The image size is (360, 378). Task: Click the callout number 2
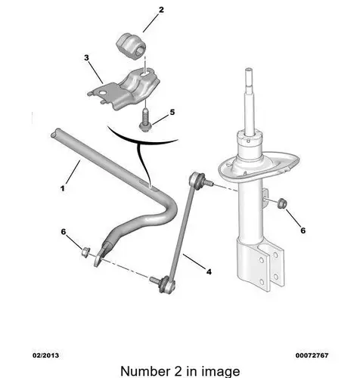tap(161, 10)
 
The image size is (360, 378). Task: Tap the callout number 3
tap(86, 57)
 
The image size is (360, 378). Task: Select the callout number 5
tap(172, 112)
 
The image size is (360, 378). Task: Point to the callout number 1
tap(63, 188)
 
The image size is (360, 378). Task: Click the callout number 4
tap(209, 271)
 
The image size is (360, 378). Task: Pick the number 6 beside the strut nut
tap(303, 231)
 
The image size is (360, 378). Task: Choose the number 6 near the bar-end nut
tap(64, 231)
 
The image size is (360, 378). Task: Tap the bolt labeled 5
tap(144, 121)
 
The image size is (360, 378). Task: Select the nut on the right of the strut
tap(281, 203)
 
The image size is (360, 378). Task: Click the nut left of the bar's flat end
tap(85, 253)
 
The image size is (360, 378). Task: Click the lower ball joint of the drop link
tap(166, 284)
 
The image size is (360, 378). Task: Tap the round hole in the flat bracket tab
tap(102, 94)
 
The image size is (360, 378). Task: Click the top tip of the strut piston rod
tap(250, 70)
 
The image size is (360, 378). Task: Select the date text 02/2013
tap(45, 355)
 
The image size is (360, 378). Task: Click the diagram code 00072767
tap(312, 355)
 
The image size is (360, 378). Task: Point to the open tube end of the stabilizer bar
tap(54, 134)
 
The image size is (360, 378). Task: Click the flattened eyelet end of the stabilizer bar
tap(101, 255)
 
